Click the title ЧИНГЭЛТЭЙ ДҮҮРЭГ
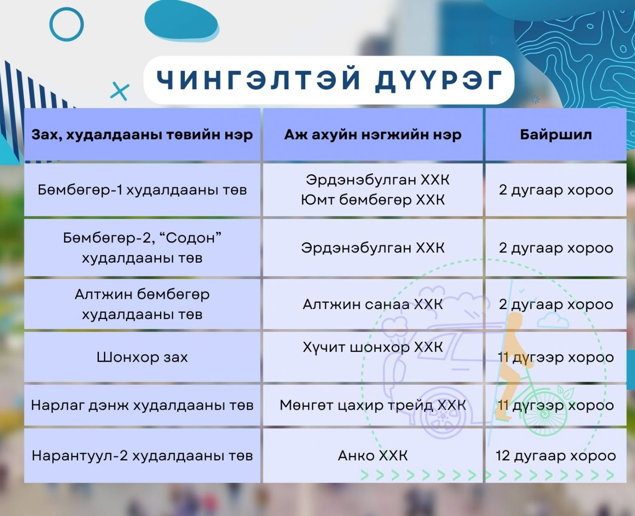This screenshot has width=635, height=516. pyautogui.click(x=329, y=80)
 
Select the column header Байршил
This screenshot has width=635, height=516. pyautogui.click(x=556, y=135)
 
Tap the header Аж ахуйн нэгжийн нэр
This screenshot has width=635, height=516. pyautogui.click(x=373, y=135)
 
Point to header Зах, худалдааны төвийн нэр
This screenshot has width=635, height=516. pyautogui.click(x=142, y=135)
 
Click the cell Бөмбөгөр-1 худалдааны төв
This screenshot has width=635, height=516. pyautogui.click(x=142, y=190)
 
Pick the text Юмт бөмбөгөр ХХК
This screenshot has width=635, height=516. pyautogui.click(x=373, y=200)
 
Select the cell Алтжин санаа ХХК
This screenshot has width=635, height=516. pyautogui.click(x=373, y=304)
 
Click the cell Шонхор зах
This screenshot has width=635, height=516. pyautogui.click(x=142, y=357)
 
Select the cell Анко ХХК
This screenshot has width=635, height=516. pyautogui.click(x=373, y=456)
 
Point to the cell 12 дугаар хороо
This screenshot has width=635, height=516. pyautogui.click(x=556, y=456)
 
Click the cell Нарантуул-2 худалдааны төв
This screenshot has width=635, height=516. pyautogui.click(x=142, y=456)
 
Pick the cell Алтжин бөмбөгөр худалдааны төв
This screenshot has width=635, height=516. pyautogui.click(x=142, y=304)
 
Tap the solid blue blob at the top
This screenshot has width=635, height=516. pyautogui.click(x=181, y=20)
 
